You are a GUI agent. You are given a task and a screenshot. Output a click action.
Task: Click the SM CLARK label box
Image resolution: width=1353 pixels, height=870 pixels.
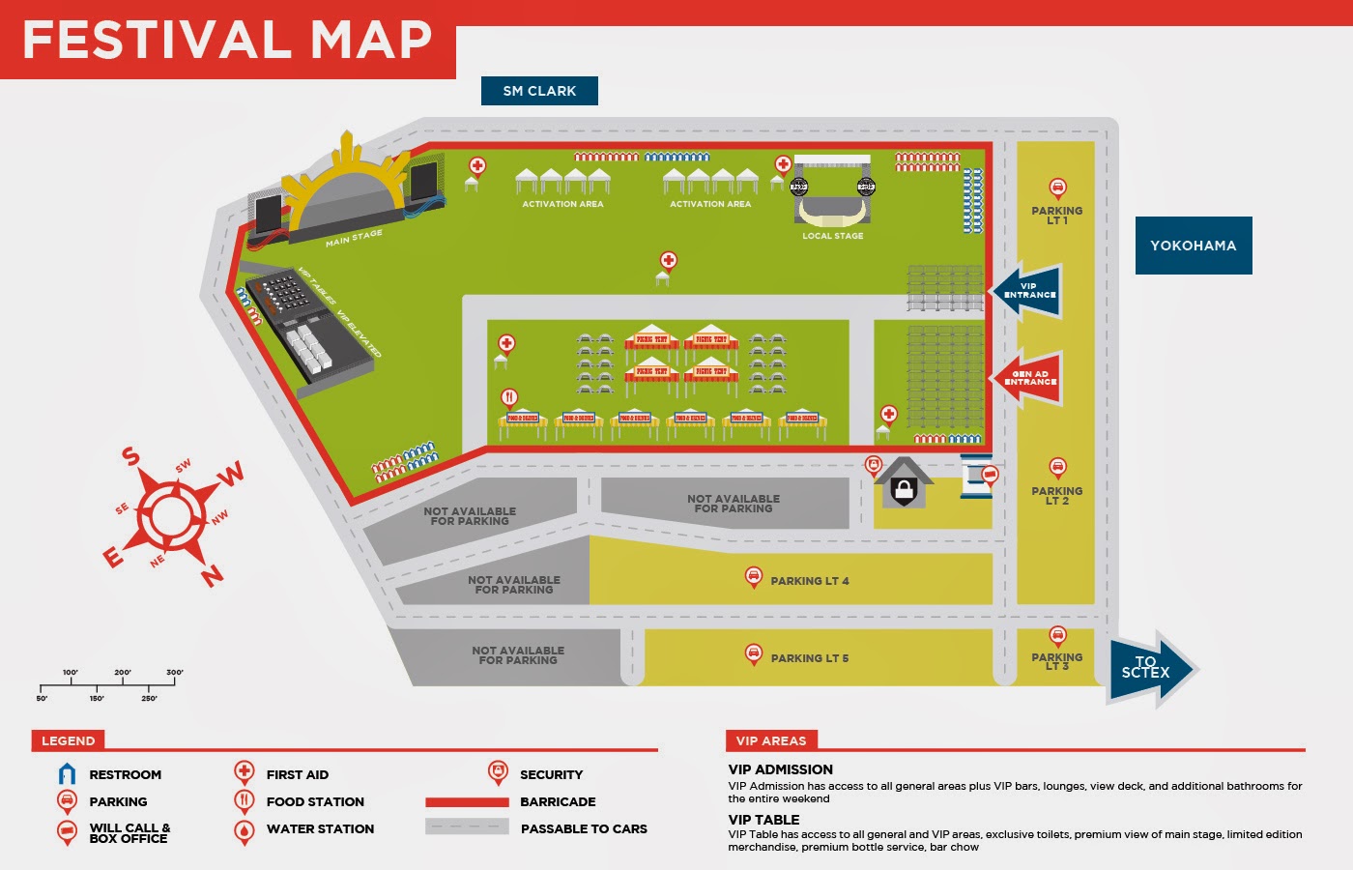539,91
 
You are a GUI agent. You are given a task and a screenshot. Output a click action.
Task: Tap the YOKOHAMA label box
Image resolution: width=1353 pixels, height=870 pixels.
1193,246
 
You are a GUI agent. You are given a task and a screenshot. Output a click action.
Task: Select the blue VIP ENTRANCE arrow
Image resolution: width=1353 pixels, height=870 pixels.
1027,290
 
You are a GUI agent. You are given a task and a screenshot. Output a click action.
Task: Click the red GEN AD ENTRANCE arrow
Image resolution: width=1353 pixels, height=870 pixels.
1027,378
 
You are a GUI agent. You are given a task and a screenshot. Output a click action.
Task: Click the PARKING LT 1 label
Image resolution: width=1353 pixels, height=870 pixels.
1056,216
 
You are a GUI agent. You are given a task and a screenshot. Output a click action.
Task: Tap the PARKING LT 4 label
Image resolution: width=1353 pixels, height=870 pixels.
809,581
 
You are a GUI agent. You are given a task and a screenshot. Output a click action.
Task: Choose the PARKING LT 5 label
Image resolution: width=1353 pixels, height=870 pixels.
809,658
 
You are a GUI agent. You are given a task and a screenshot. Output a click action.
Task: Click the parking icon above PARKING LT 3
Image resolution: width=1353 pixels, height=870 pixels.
1057,635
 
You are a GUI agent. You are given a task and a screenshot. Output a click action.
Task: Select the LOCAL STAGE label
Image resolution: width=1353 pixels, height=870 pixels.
832,236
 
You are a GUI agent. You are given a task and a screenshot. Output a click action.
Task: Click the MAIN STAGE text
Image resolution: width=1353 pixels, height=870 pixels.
354,238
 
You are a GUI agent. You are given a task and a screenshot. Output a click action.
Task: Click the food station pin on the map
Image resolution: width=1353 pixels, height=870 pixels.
509,397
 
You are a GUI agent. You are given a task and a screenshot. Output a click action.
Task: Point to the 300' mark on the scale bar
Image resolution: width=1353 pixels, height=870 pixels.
175,673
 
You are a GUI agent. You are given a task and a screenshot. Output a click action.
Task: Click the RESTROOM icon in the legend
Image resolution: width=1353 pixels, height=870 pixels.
67,774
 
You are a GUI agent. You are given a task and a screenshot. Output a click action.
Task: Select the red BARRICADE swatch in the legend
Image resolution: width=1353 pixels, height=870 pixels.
467,802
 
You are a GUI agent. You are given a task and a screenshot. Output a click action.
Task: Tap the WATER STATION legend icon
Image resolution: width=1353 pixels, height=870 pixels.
245,830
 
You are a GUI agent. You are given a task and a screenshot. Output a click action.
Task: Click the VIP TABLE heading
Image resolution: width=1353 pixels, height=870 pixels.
763,820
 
